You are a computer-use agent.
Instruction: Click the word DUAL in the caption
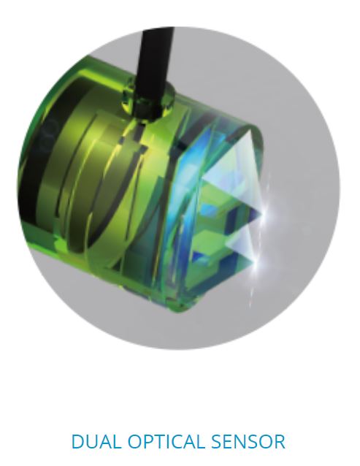(97, 441)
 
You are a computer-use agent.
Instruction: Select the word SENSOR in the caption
(249, 441)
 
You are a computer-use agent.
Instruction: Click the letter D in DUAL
(78, 441)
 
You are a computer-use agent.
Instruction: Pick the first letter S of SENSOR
(219, 441)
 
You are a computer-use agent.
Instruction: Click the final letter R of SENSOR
(280, 441)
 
